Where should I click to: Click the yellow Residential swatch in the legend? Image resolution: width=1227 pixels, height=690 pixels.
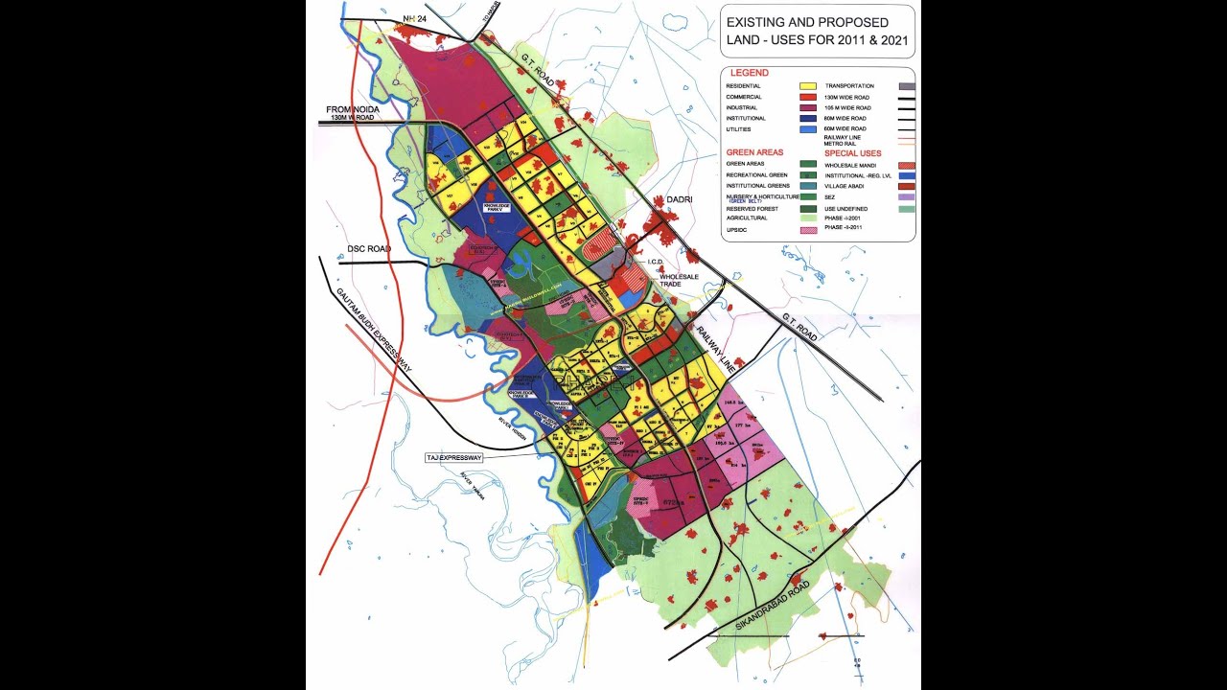807,85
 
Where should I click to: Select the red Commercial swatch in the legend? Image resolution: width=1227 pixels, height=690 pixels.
807,97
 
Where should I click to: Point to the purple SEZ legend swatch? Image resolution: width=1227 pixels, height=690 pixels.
906,195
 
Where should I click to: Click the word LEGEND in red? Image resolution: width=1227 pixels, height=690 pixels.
749,73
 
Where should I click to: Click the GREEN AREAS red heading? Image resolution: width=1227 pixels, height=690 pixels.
754,152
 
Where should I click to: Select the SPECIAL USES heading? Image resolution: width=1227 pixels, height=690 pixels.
852,153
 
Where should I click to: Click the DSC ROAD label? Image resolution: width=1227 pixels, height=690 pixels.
369,249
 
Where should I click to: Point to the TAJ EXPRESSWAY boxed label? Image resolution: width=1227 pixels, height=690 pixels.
455,458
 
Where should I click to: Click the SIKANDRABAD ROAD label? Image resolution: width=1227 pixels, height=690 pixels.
773,605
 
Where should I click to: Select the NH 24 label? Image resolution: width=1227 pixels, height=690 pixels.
414,18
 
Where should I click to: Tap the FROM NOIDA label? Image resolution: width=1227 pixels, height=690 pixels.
353,110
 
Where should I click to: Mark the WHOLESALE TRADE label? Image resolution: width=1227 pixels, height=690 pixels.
679,281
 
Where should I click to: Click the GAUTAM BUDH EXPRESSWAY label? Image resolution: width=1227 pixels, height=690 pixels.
374,326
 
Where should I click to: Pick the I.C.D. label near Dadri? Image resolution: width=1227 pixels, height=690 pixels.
656,261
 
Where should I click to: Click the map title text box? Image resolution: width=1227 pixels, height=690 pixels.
817,32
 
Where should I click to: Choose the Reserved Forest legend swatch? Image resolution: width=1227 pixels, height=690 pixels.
807,208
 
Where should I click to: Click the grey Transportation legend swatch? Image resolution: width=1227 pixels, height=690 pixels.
906,85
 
